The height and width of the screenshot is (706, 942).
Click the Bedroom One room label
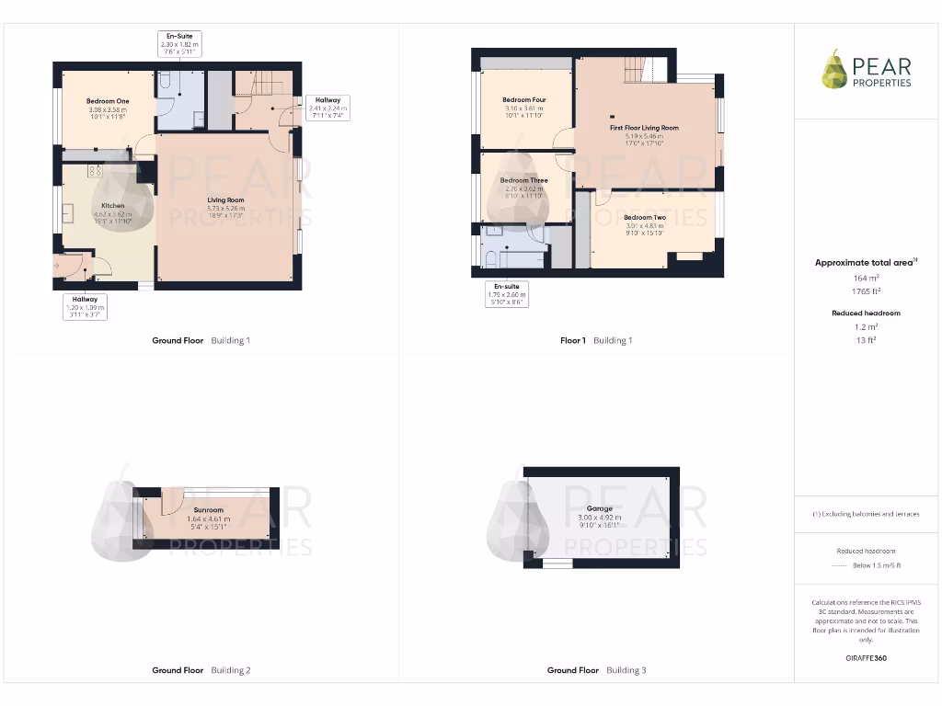point(108,101)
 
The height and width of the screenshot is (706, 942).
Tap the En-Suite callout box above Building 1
point(179,44)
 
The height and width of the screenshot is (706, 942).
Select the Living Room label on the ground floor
point(225,199)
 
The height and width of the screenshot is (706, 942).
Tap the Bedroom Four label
point(524,99)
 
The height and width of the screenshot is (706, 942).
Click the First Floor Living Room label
point(644,128)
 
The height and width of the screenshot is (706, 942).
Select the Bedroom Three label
point(524,180)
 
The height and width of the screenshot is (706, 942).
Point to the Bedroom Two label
point(645,217)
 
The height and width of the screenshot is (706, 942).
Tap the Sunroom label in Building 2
point(208,509)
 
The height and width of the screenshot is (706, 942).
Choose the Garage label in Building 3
point(599,508)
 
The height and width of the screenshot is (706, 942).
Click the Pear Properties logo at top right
point(867,71)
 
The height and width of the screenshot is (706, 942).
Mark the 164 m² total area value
point(865,278)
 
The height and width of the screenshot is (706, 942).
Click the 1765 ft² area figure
point(865,291)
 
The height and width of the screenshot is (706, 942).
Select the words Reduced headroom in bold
point(865,313)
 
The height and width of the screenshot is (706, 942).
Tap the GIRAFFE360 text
point(865,658)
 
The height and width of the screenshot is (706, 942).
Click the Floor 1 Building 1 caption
point(596,340)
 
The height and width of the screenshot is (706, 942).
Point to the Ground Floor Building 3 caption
point(596,670)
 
